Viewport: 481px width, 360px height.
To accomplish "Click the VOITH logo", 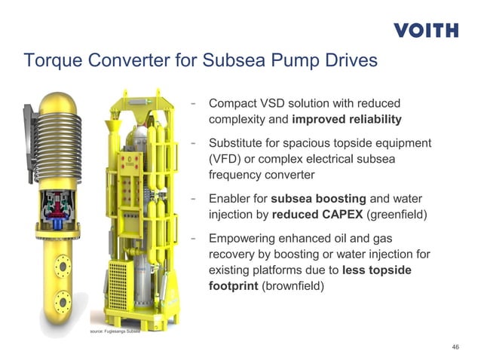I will click(x=425, y=30).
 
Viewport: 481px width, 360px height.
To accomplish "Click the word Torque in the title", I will click(x=51, y=60).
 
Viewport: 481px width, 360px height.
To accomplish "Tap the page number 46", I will click(x=455, y=346).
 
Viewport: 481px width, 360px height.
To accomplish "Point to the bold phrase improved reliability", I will click(x=346, y=119).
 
